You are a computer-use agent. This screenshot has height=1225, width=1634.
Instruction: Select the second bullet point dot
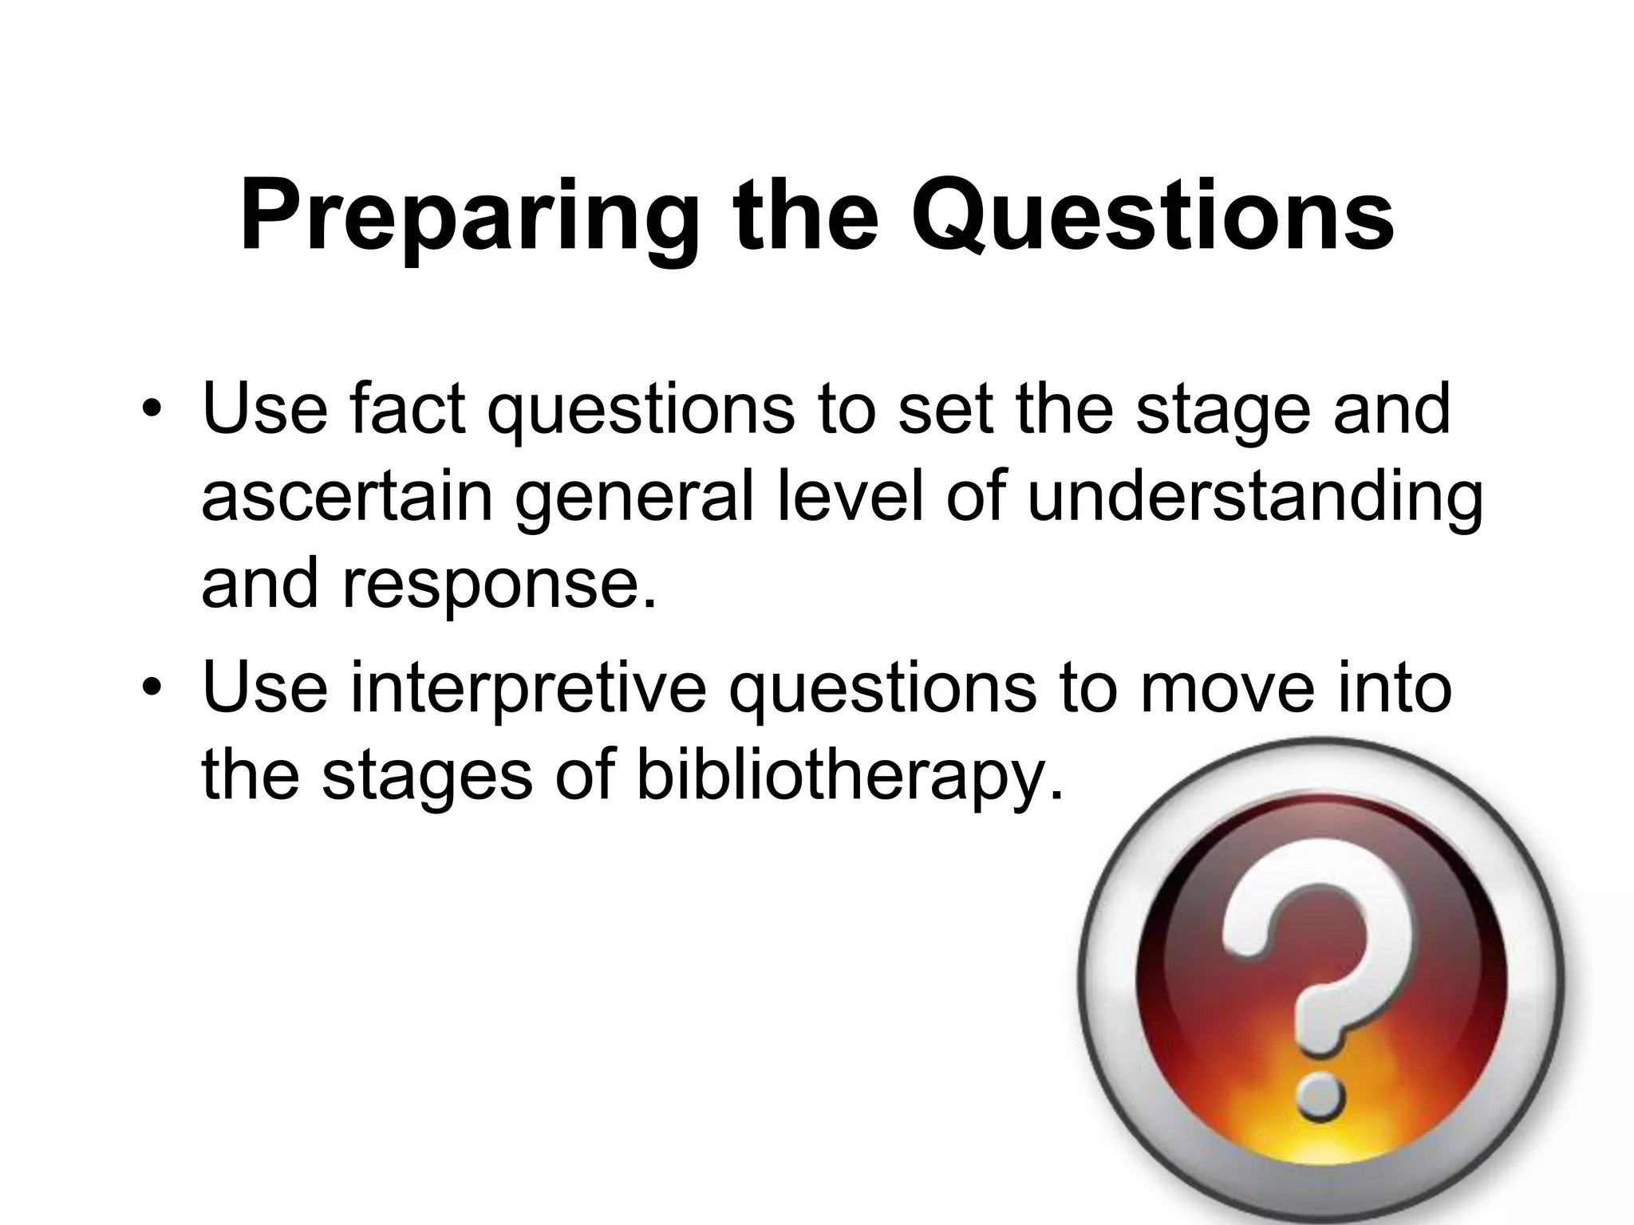coord(148,691)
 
